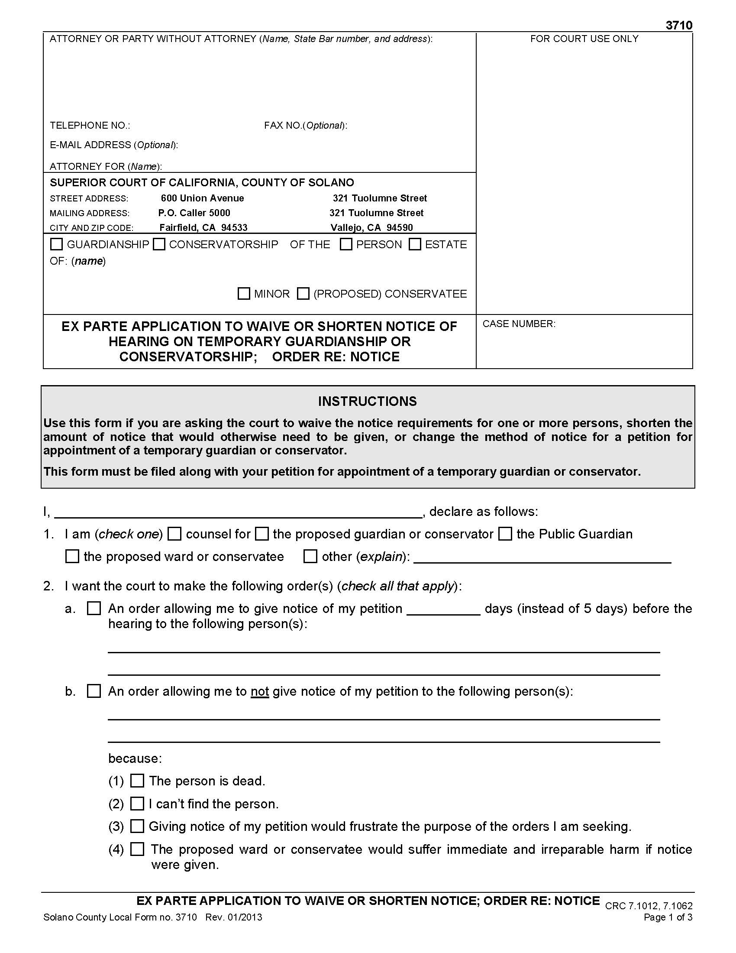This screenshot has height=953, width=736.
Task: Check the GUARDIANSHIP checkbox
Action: (x=57, y=244)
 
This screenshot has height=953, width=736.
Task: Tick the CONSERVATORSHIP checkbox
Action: (x=160, y=244)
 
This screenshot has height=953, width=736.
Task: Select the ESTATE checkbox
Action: (x=415, y=244)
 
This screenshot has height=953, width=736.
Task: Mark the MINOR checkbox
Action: (x=244, y=293)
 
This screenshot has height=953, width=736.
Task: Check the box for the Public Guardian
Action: (x=505, y=534)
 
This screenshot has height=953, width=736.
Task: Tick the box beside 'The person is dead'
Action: (x=137, y=781)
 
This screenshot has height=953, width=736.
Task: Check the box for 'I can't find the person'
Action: (x=137, y=803)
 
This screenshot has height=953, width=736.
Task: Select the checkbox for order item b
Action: (x=94, y=691)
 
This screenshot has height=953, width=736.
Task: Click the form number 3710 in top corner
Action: (x=678, y=25)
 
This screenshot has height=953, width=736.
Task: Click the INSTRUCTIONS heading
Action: (x=367, y=401)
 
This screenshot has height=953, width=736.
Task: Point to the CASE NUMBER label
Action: (x=518, y=324)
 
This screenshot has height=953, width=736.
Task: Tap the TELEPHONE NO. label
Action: (x=90, y=126)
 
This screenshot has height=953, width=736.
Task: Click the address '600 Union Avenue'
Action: (x=202, y=198)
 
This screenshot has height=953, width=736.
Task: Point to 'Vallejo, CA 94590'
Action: (x=371, y=227)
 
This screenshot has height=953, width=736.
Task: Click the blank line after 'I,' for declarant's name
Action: (x=238, y=512)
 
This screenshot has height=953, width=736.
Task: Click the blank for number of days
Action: (x=443, y=609)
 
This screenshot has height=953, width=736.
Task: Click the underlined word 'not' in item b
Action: (x=259, y=692)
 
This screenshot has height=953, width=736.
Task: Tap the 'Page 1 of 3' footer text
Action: (x=668, y=917)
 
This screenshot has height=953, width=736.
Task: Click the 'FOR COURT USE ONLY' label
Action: (x=584, y=39)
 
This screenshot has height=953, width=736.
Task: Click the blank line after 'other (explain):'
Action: (x=542, y=558)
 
